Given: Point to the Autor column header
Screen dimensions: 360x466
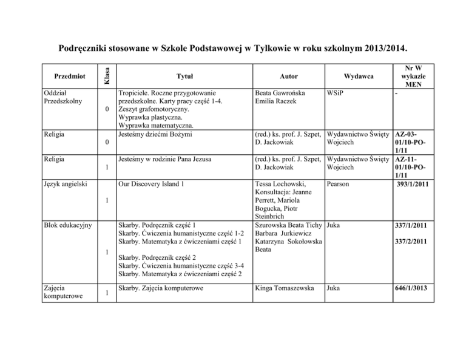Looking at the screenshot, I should pyautogui.click(x=285, y=76).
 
